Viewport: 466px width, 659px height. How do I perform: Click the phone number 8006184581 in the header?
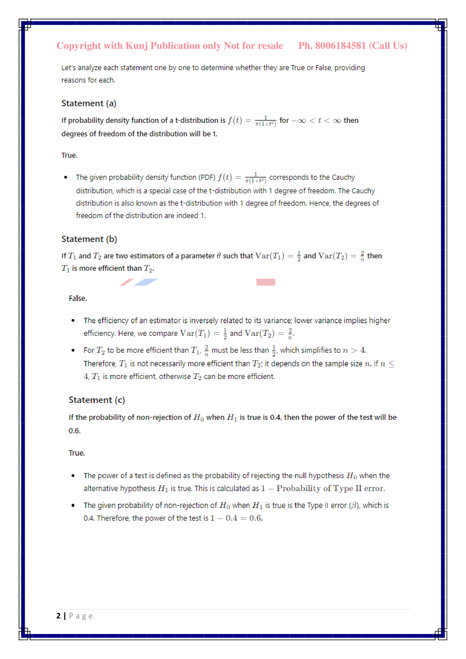pyautogui.click(x=340, y=46)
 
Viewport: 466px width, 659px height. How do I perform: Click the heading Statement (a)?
pyautogui.click(x=89, y=103)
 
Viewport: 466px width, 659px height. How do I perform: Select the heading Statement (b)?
pyautogui.click(x=89, y=239)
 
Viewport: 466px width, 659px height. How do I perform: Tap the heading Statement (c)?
pyautogui.click(x=97, y=400)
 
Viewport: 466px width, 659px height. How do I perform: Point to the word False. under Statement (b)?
pyautogui.click(x=78, y=298)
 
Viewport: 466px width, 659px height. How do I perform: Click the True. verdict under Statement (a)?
pyautogui.click(x=69, y=155)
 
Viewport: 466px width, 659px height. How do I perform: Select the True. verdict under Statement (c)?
pyautogui.click(x=77, y=453)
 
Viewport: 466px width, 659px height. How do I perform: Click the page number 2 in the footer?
pyautogui.click(x=59, y=616)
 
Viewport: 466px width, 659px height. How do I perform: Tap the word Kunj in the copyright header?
pyautogui.click(x=137, y=46)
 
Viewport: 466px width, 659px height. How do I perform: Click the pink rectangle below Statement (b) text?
pyautogui.click(x=266, y=282)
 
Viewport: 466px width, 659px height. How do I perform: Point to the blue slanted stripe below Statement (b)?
pyautogui.click(x=145, y=282)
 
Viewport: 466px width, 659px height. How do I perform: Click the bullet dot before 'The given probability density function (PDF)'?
pyautogui.click(x=66, y=177)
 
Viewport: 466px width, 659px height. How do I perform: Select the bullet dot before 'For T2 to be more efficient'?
pyautogui.click(x=73, y=350)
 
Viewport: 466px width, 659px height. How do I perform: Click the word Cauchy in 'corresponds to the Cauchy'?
pyautogui.click(x=343, y=177)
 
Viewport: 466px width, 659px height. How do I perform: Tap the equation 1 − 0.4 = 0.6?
pyautogui.click(x=236, y=518)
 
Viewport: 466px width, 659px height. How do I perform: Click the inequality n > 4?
pyautogui.click(x=354, y=350)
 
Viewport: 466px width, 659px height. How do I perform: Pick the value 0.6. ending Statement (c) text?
pyautogui.click(x=75, y=431)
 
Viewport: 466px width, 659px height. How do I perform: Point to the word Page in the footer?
pyautogui.click(x=81, y=616)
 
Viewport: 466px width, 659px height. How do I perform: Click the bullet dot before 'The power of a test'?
pyautogui.click(x=73, y=476)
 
